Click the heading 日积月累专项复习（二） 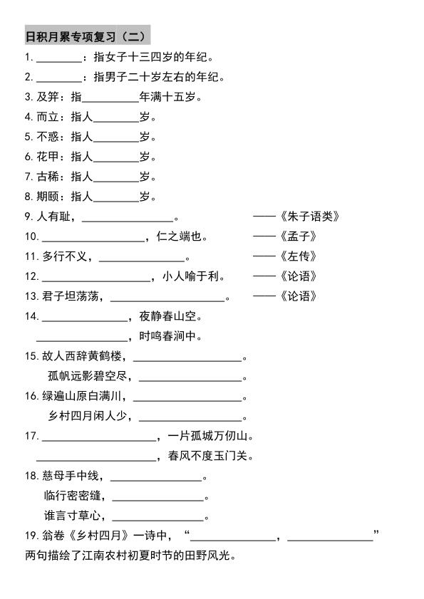[x=87, y=36]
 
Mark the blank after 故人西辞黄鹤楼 [x=187, y=358]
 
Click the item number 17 [x=31, y=436]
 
